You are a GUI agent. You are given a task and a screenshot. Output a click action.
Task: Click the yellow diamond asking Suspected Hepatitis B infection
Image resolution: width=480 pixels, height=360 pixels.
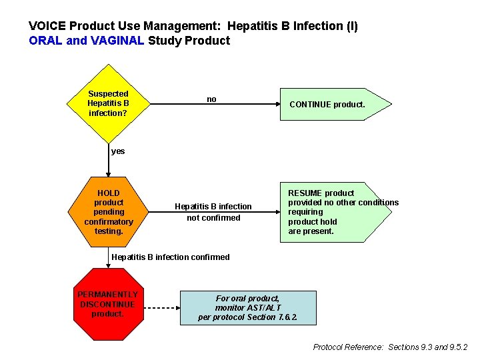pos(108,104)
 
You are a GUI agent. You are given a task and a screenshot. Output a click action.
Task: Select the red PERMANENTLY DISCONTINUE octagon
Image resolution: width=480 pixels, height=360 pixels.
pos(108,305)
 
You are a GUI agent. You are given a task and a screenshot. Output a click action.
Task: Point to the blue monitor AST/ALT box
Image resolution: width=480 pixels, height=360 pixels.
pos(247,308)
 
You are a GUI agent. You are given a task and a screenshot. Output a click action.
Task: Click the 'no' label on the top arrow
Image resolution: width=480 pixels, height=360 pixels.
pos(211,99)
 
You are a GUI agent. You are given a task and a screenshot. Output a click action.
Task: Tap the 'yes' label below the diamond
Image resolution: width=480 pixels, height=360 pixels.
pos(118,151)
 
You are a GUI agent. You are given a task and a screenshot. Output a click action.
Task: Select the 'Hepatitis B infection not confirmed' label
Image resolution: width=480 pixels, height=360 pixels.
pos(213,212)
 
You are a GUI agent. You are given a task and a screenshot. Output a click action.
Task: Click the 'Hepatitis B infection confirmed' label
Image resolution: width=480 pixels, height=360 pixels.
pos(171,257)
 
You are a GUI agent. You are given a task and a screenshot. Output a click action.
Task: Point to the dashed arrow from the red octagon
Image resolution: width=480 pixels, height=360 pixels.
pos(160,308)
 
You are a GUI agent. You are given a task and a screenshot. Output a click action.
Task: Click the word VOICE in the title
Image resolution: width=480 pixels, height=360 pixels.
pos(47,27)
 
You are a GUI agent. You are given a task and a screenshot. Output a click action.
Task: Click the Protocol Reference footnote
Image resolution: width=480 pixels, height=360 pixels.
pos(390,347)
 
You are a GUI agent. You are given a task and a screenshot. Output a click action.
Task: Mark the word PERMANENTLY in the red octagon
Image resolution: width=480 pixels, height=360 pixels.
pos(108,295)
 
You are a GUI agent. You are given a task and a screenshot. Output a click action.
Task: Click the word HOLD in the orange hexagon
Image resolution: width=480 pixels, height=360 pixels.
pos(108,193)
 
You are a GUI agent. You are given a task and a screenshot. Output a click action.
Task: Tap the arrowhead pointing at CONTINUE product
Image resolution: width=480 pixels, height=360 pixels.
pos(275,105)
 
